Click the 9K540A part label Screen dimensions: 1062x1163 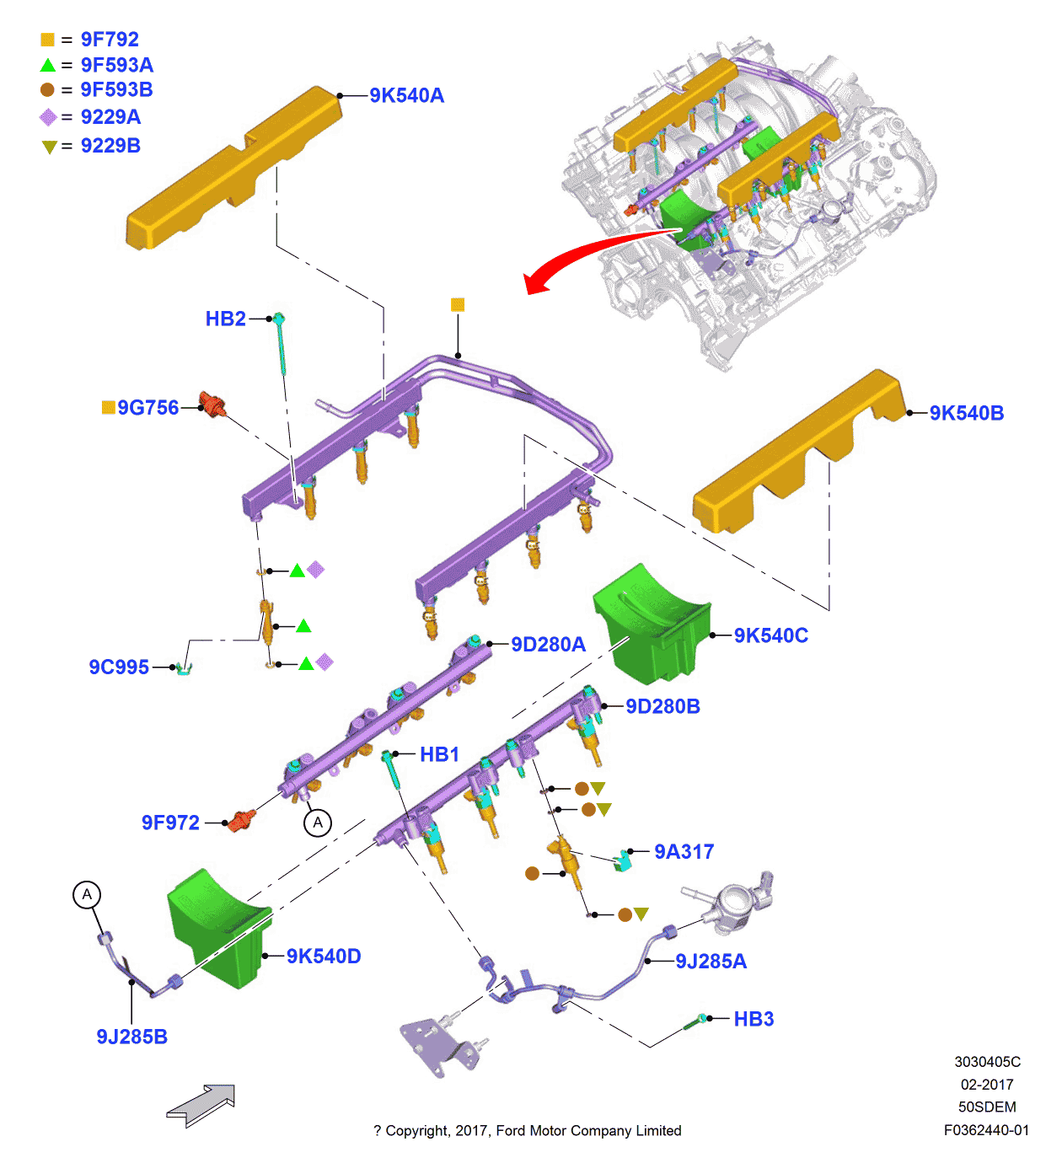coord(406,96)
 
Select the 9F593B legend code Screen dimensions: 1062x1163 coord(116,90)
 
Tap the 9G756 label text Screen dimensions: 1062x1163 coord(147,408)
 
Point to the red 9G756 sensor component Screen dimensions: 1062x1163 coord(212,404)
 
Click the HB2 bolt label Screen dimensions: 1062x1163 coord(226,319)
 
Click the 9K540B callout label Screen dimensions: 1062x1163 coord(966,413)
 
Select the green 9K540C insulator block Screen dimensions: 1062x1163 coord(652,624)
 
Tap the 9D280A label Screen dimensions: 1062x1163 coord(548,644)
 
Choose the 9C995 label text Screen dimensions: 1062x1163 coord(119,667)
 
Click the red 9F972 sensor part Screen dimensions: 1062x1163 coord(241,820)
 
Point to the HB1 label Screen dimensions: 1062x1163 coord(440,754)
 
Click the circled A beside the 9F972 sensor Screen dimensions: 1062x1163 coord(318,823)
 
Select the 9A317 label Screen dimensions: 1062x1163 coord(684,852)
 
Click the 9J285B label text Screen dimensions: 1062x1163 coord(132,1037)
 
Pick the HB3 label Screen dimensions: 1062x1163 coord(754,1019)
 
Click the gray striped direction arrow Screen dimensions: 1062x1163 coord(201,1105)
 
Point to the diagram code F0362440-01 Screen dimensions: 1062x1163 coord(987,1130)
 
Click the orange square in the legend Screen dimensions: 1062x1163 coord(47,40)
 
